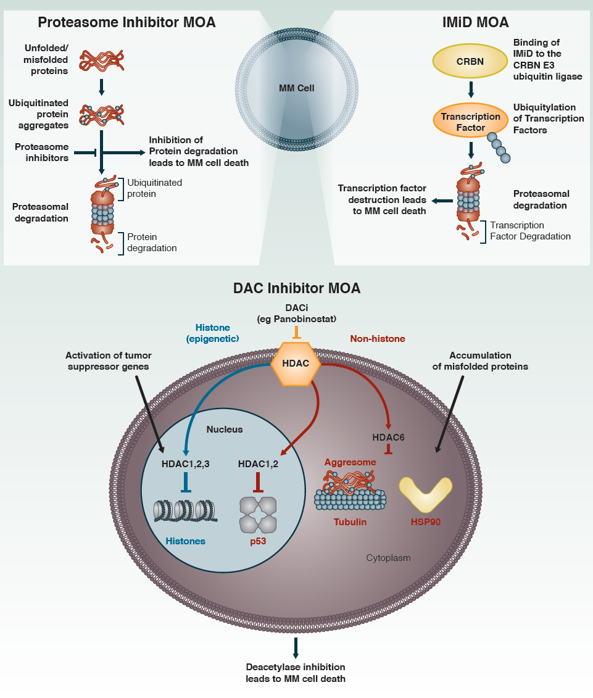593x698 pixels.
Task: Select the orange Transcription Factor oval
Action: tap(471, 122)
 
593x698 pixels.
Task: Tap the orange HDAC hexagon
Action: tap(296, 364)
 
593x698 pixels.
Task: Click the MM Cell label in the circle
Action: tap(296, 88)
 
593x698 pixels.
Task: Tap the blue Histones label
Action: tap(185, 541)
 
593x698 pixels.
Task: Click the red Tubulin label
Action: tap(350, 522)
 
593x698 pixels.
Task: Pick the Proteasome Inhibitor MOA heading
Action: tap(126, 23)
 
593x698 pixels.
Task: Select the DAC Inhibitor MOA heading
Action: tap(297, 288)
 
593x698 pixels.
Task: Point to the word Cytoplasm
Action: tap(388, 558)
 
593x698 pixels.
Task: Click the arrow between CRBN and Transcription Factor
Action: tap(471, 89)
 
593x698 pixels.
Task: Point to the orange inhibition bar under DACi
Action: tap(296, 333)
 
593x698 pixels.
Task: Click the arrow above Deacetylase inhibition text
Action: tap(296, 647)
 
